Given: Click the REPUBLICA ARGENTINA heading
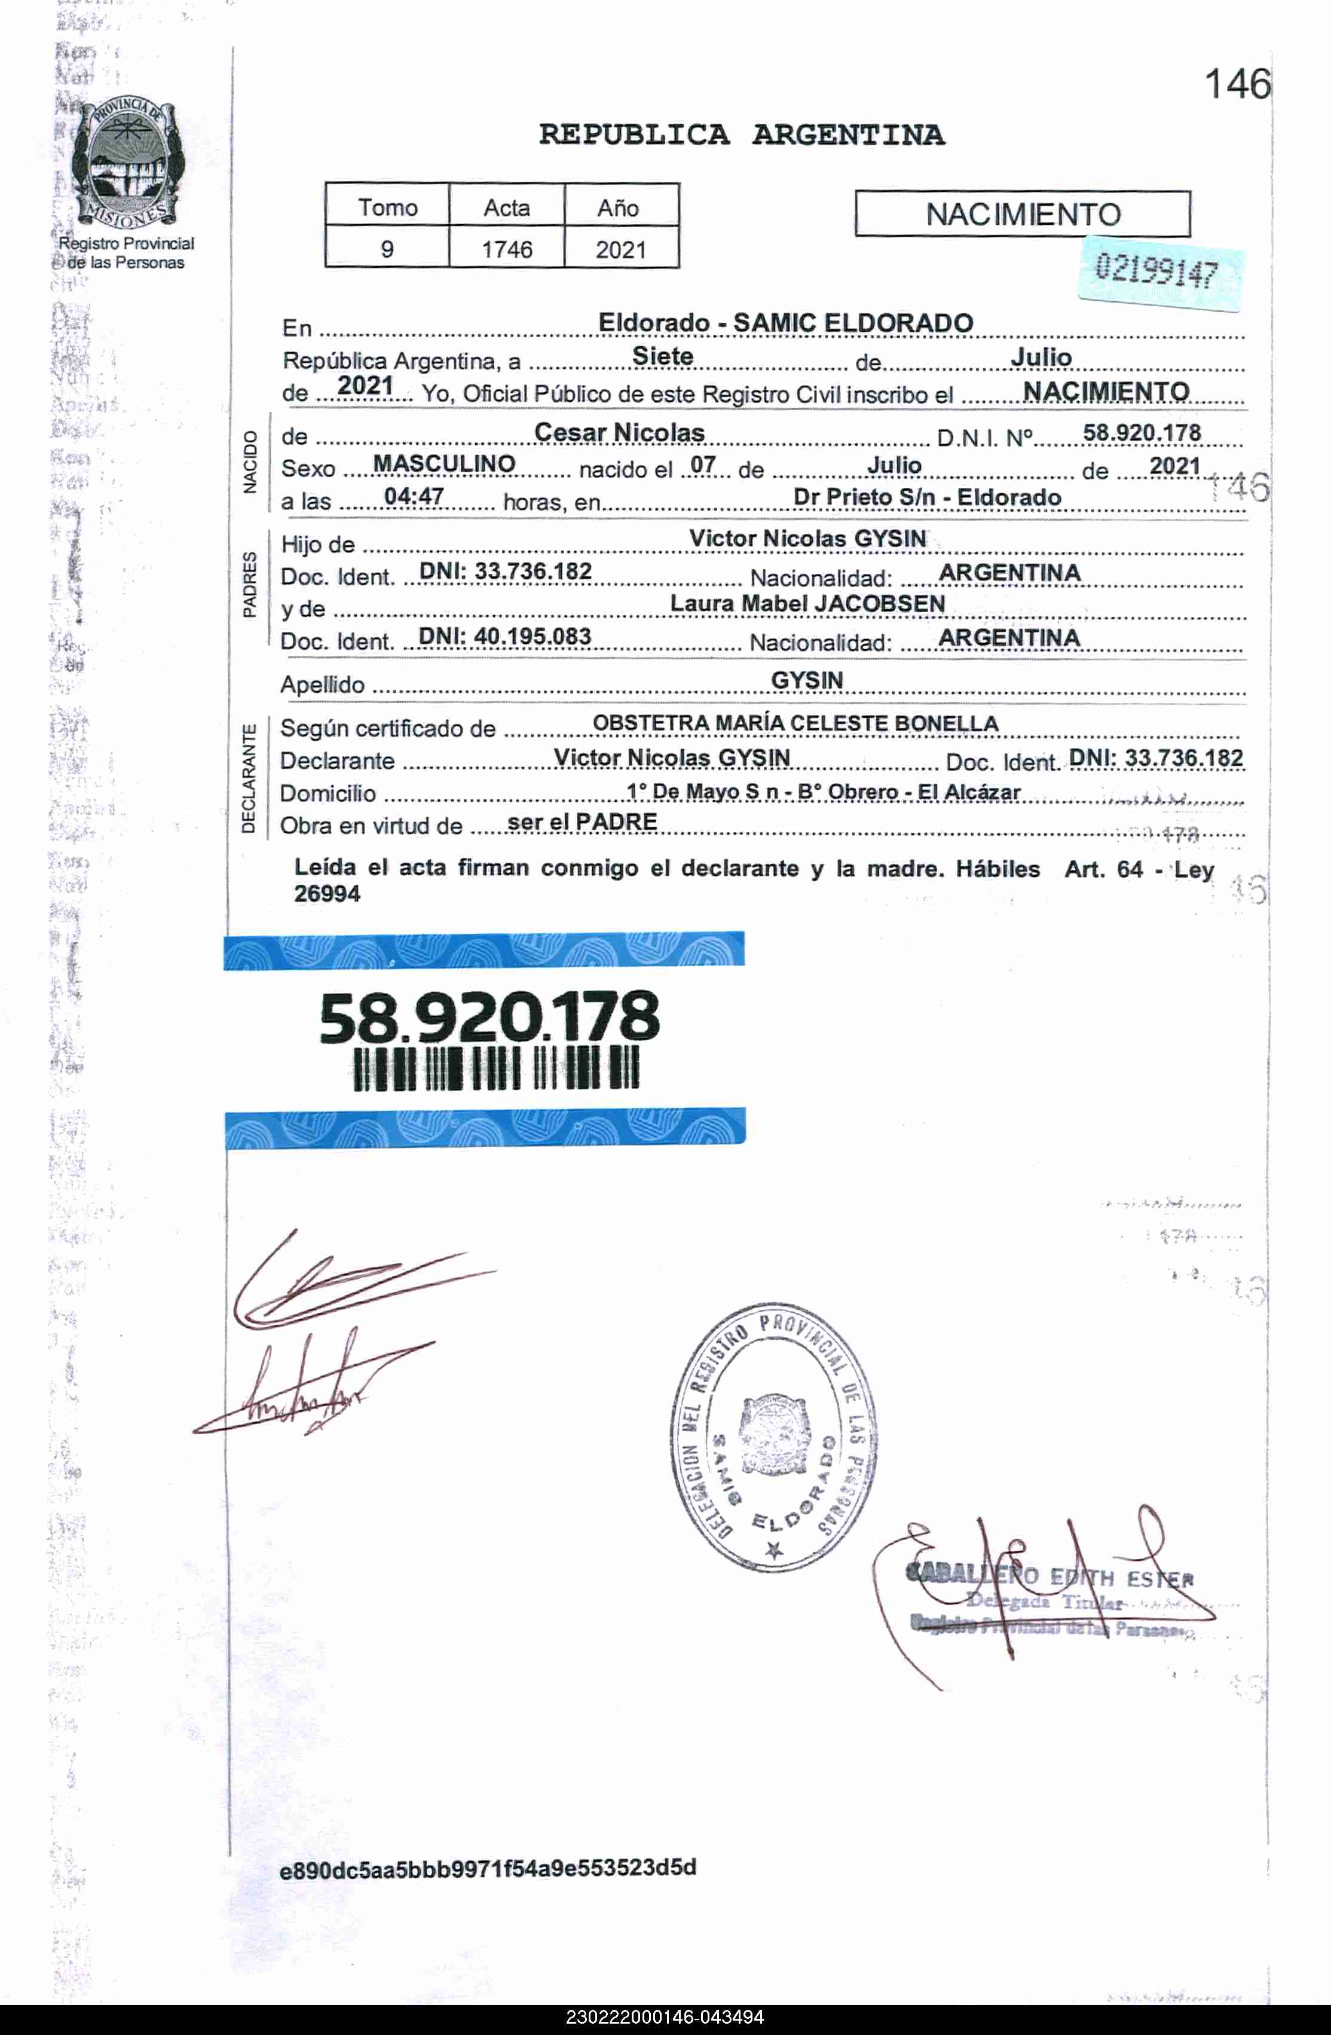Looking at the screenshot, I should [741, 135].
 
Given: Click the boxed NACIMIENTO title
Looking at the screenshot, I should [1023, 214].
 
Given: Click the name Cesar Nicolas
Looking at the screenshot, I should [619, 433].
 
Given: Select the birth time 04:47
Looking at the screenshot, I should [414, 496].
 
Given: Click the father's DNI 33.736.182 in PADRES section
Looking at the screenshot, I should [505, 571].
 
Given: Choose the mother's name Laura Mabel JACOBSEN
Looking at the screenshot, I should [807, 604].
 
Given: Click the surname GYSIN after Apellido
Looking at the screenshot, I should [807, 680].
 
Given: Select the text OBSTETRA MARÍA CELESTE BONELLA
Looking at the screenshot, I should [795, 723].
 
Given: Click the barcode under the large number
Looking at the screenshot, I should [496, 1070].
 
